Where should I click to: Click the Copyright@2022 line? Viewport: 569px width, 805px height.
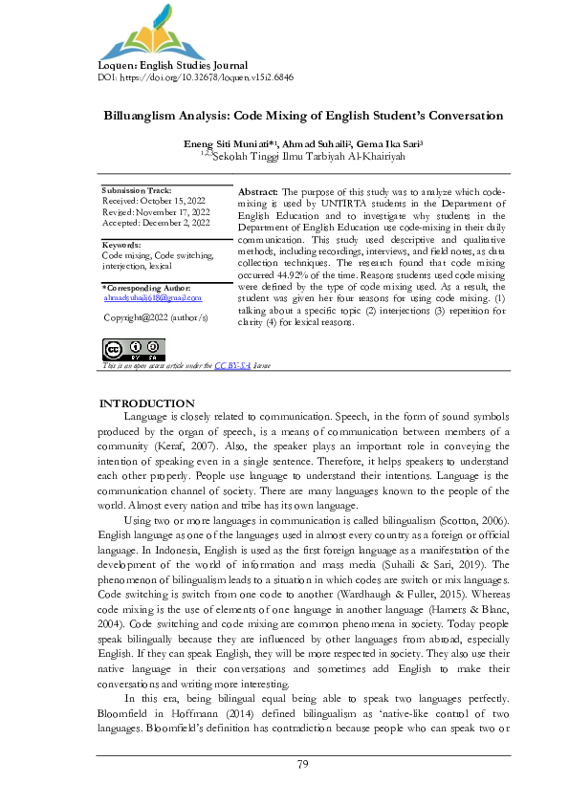coord(155,315)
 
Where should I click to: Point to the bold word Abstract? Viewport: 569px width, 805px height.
coord(257,192)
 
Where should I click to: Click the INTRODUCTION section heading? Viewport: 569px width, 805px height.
coord(147,403)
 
